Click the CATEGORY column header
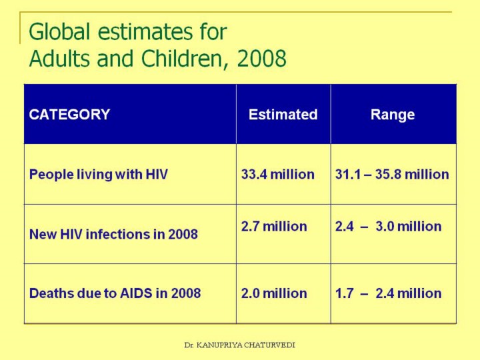(x=69, y=115)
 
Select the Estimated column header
(x=283, y=115)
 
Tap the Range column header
(x=393, y=115)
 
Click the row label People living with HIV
(x=98, y=175)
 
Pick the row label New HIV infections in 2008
(x=113, y=235)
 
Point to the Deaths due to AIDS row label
(x=115, y=293)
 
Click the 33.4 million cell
(x=277, y=175)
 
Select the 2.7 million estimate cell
(x=274, y=227)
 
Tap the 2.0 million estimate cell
(x=274, y=293)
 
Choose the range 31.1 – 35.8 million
(x=392, y=175)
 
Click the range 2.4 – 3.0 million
(x=388, y=227)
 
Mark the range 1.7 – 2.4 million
(x=388, y=293)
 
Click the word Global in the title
(x=56, y=32)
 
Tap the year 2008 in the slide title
(x=262, y=59)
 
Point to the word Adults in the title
(x=61, y=59)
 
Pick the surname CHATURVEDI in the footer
(x=269, y=345)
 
